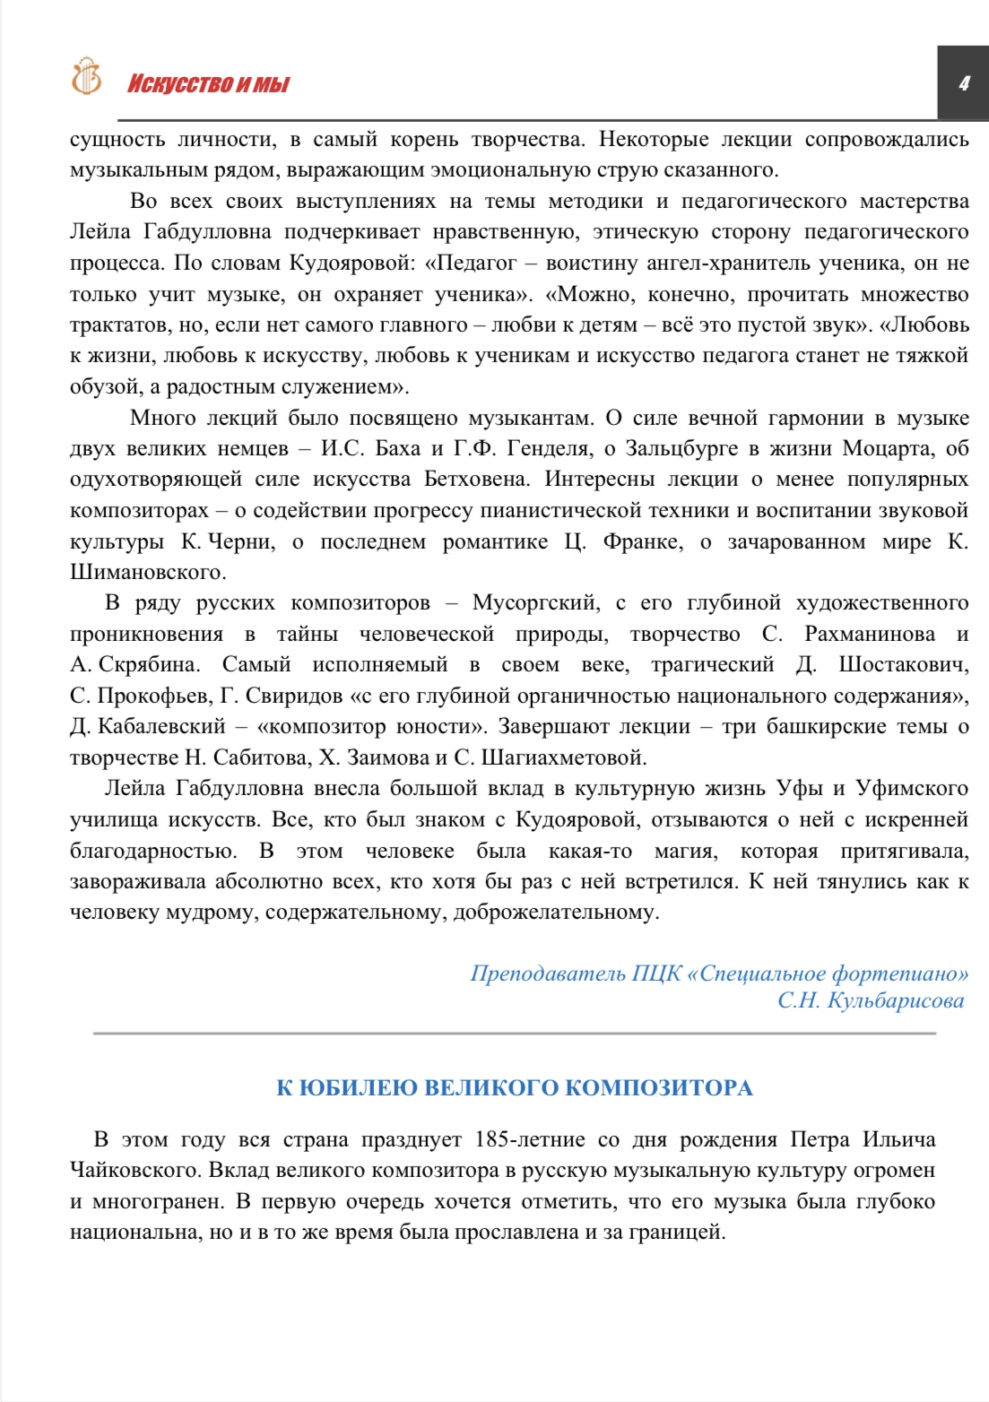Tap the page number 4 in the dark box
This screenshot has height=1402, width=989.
pos(964,83)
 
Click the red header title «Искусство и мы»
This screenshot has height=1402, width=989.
pos(208,84)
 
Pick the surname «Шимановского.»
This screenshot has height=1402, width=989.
pos(148,572)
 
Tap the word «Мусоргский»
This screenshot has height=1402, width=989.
pos(534,602)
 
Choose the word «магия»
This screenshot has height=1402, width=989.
pos(684,851)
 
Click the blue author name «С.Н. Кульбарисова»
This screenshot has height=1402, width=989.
pos(871,1000)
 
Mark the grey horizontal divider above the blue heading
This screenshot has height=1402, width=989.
pos(515,1034)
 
